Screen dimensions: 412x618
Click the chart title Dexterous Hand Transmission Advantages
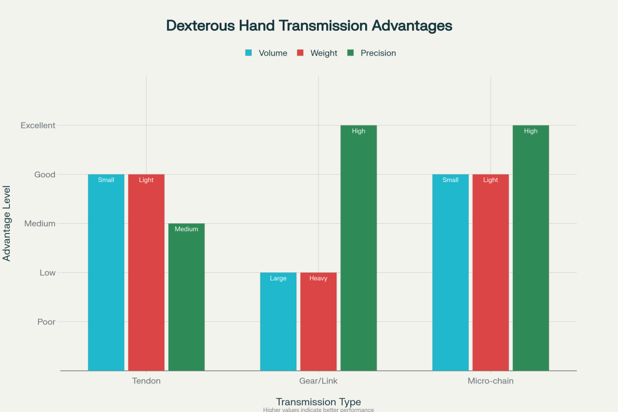309,26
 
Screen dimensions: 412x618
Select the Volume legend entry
267,53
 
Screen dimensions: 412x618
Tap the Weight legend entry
318,53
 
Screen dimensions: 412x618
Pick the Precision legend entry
371,53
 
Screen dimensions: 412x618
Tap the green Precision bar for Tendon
187,297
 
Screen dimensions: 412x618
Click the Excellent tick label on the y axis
38,125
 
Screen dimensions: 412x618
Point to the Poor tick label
46,322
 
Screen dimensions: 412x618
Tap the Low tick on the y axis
47,272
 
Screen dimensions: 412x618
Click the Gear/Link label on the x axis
318,381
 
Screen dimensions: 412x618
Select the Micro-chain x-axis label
490,381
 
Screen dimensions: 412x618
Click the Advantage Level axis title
7,223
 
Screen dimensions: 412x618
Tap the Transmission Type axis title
318,402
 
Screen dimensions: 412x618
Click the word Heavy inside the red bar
318,279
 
